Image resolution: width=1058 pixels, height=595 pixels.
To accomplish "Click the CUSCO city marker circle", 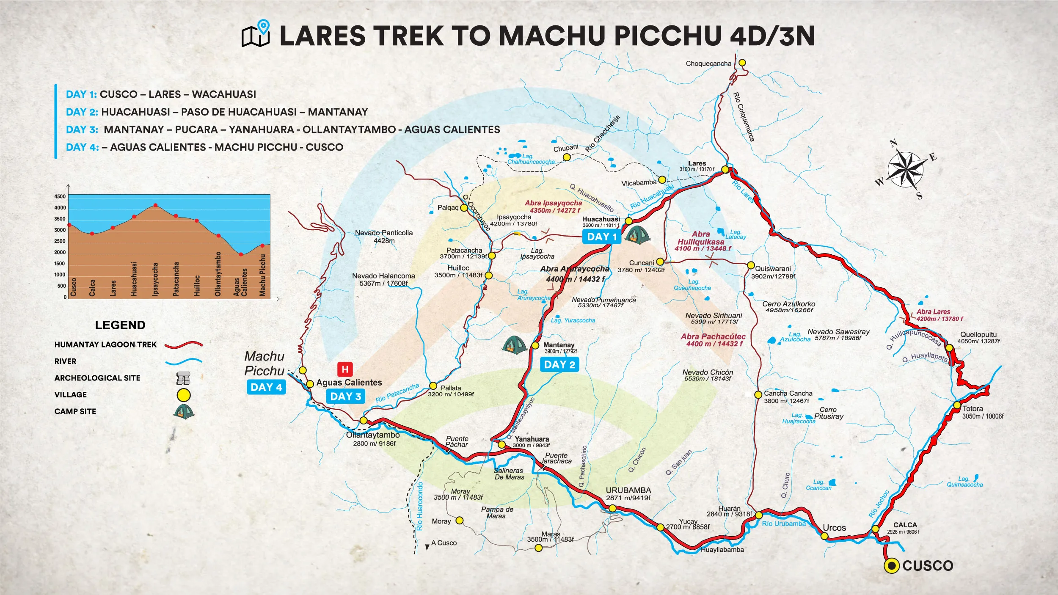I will point(892,566).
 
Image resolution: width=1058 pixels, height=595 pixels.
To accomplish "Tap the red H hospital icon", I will point(345,369).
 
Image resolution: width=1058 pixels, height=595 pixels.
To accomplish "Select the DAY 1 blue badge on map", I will point(602,237).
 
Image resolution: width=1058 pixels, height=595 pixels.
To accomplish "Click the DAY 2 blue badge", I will point(559,365).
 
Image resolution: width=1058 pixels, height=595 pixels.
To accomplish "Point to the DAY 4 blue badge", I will point(266,387).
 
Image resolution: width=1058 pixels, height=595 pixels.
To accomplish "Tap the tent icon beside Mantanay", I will point(514,345).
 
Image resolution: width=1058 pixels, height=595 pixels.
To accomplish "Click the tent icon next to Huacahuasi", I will point(637,235).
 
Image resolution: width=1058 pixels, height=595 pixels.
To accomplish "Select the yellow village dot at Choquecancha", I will point(742,63).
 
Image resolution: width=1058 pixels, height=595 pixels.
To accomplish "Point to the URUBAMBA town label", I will point(628,490).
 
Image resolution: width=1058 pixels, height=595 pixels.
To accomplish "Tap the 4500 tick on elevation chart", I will point(60,197).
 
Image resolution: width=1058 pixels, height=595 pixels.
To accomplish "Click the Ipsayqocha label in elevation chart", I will point(155,279).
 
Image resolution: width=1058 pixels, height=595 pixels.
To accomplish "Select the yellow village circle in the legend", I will point(183,395).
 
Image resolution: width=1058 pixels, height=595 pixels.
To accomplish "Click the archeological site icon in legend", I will point(183,378).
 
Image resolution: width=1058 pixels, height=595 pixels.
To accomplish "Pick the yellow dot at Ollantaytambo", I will point(364,420).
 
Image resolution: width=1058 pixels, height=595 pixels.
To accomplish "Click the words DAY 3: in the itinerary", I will point(82,129).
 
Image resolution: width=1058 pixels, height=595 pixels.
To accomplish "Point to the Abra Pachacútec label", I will point(713,337).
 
